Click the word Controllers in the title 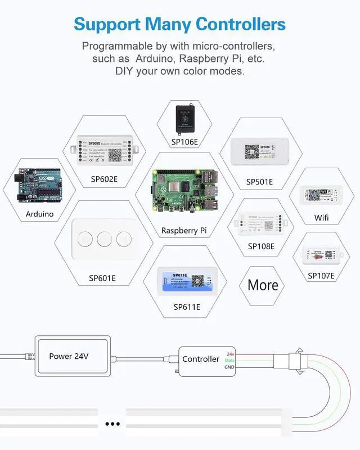pos(240,24)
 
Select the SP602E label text pos(103,179)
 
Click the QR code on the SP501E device pos(251,152)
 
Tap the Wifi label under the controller pos(322,218)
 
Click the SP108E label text pos(261,246)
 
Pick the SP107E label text pos(321,276)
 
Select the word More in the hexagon pos(263,285)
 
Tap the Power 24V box pos(69,356)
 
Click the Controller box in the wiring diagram pos(201,359)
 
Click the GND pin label pos(229,367)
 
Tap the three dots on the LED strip pos(113,424)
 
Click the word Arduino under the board pos(39,214)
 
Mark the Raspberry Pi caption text pos(184,231)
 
